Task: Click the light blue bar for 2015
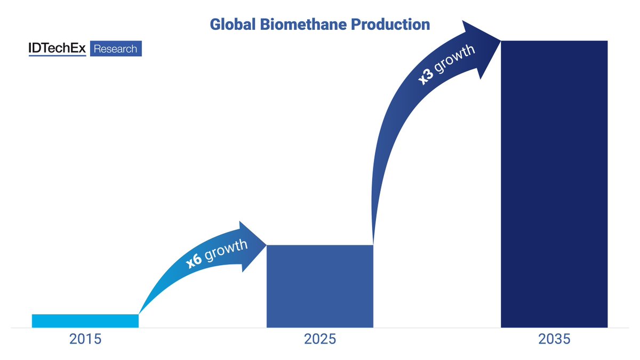tap(85, 321)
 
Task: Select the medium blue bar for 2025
tap(320, 286)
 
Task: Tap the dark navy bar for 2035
tap(554, 184)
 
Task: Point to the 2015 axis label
tap(85, 339)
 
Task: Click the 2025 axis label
tap(320, 339)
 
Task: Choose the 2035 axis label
tap(555, 339)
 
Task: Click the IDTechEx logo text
tap(57, 49)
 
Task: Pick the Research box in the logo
tap(115, 49)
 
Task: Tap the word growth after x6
tap(226, 250)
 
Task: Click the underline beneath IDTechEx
tap(57, 55)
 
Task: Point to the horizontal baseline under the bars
tap(320, 328)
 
